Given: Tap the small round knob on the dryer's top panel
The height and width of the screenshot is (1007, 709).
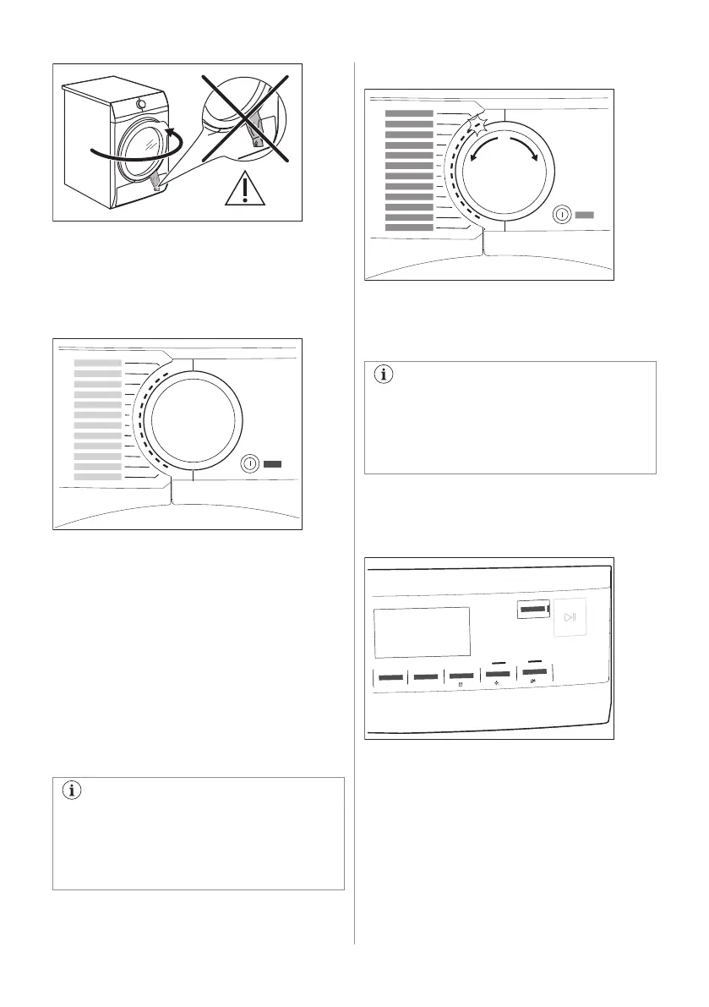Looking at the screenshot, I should pyautogui.click(x=140, y=103).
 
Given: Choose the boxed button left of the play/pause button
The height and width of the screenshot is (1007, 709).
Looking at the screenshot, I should pyautogui.click(x=532, y=609).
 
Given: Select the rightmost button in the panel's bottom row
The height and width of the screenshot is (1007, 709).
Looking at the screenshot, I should pyautogui.click(x=533, y=675).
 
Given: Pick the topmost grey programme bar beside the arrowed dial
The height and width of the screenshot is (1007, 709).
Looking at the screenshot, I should pyautogui.click(x=408, y=112).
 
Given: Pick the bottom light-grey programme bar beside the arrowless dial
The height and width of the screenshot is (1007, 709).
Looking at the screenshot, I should pyautogui.click(x=97, y=477).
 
